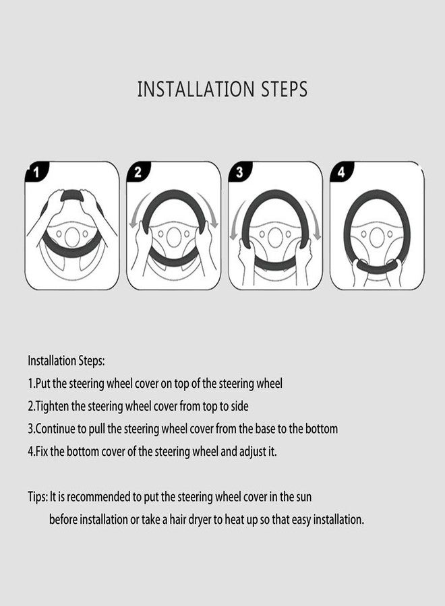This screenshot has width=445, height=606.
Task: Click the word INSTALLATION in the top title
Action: (x=196, y=89)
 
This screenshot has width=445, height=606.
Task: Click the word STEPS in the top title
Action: (x=285, y=89)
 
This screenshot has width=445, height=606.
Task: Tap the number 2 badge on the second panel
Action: (x=138, y=172)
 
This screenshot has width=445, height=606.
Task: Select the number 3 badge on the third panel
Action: (x=240, y=172)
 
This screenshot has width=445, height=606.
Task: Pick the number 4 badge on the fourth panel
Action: (x=341, y=172)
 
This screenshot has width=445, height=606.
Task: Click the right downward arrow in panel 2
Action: (x=211, y=210)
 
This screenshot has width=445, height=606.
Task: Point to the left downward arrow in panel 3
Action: (x=236, y=222)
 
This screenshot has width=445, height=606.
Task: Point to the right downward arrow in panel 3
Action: (x=314, y=222)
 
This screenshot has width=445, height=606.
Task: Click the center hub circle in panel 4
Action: (x=376, y=236)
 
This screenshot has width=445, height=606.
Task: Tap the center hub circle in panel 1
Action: (x=72, y=236)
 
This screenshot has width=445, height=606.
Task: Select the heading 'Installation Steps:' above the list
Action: (x=66, y=361)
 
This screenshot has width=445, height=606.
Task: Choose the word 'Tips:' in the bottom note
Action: (x=38, y=497)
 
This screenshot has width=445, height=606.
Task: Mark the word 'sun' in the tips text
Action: (x=304, y=497)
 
